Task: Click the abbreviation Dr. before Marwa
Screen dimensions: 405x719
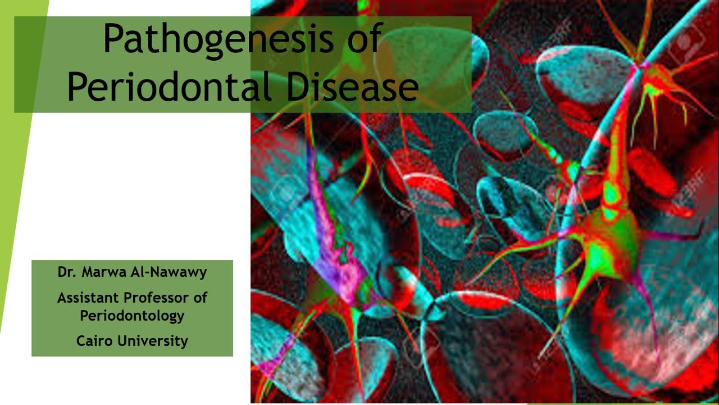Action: pos(67,272)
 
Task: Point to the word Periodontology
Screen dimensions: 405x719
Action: pos(132,316)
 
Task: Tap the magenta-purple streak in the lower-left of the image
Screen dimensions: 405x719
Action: pos(338,247)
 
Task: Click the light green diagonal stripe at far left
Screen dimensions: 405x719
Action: pos(22,169)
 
